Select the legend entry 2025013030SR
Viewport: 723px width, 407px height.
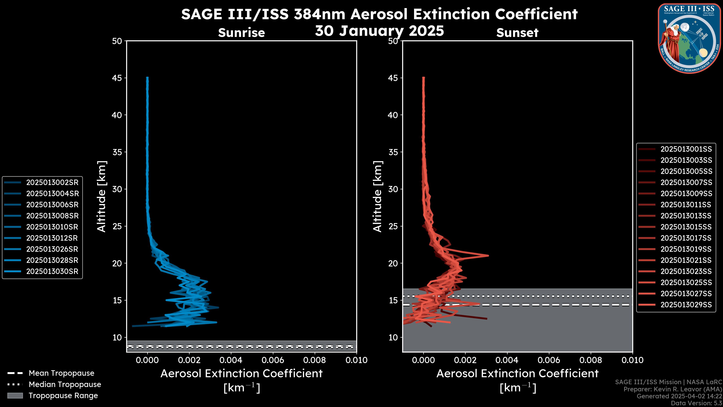click(52, 272)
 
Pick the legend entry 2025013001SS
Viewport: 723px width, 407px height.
click(686, 149)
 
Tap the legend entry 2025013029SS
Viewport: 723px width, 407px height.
click(686, 305)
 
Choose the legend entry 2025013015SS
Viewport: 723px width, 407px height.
click(686, 227)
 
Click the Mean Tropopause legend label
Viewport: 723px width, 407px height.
click(61, 373)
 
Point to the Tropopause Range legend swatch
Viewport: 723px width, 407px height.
click(15, 396)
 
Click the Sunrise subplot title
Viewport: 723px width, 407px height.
click(241, 33)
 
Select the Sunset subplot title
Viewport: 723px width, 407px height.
click(517, 33)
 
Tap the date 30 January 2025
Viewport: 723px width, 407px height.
click(379, 31)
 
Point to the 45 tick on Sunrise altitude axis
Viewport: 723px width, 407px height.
click(117, 78)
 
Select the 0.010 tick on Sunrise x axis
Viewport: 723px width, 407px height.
click(356, 360)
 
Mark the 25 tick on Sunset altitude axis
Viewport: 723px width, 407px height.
click(393, 226)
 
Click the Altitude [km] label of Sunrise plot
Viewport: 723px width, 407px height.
click(101, 196)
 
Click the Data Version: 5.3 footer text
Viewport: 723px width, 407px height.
click(696, 403)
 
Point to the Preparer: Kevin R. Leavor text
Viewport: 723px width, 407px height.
click(673, 389)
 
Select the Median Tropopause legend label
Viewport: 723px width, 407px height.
click(65, 384)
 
